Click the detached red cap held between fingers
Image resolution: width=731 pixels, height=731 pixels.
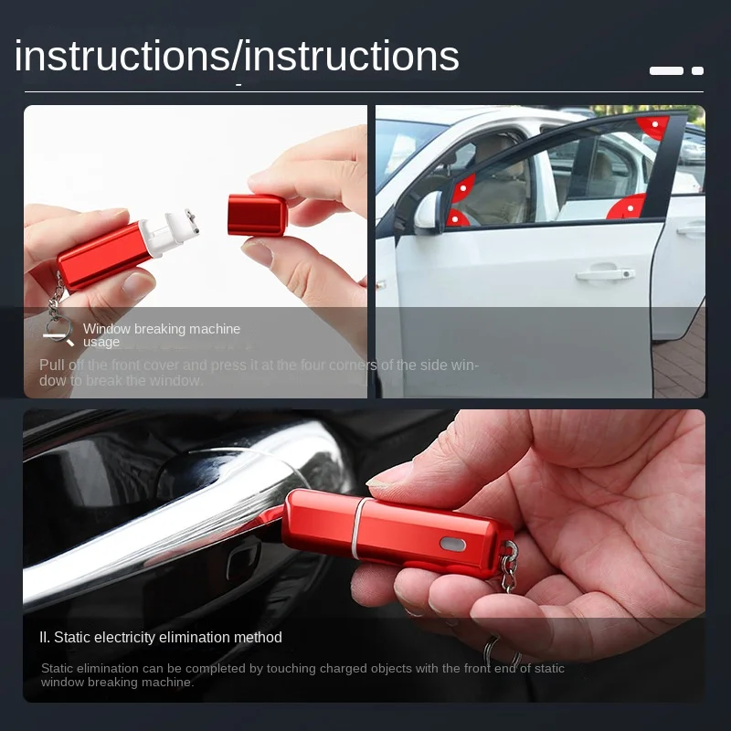pos(257,215)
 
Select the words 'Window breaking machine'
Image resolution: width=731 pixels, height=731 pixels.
pos(162,329)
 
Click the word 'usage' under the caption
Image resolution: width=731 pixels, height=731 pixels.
pos(101,343)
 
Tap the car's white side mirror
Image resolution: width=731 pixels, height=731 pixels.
pos(428,212)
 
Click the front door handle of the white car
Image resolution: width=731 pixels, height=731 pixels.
pos(605,273)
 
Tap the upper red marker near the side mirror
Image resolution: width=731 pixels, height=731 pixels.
pos(464,187)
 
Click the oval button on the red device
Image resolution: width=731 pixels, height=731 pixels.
pos(452,544)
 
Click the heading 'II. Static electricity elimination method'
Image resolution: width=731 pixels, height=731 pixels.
pos(161,638)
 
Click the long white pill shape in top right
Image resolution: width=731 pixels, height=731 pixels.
pos(666,70)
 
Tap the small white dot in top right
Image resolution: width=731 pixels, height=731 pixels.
pos(697,70)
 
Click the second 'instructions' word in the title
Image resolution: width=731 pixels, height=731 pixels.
pos(352,57)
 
